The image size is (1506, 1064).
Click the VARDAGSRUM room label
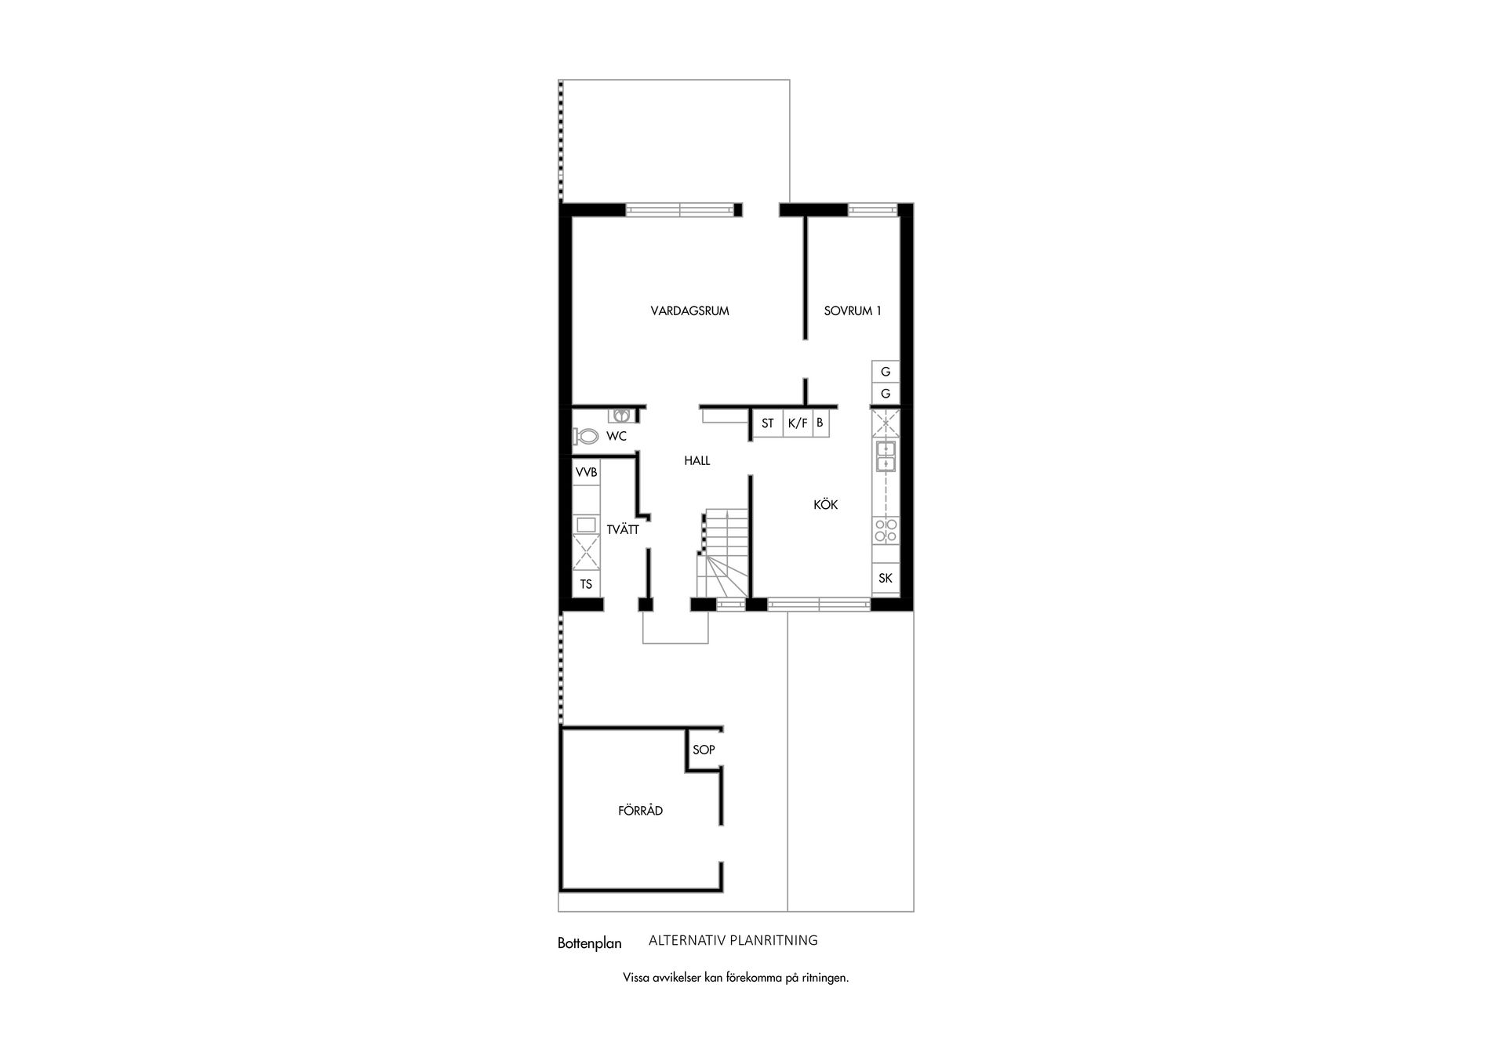[x=689, y=311]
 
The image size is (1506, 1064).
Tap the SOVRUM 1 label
[x=853, y=311]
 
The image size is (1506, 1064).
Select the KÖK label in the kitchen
[x=825, y=505]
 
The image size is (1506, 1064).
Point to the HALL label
[x=697, y=461]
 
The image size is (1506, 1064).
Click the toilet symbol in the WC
[x=585, y=436]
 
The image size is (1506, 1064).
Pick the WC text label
[x=617, y=437]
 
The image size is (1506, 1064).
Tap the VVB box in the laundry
[x=587, y=473]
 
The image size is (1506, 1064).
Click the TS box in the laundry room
[x=586, y=584]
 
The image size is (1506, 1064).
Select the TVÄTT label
[x=623, y=529]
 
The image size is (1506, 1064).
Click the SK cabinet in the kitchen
[x=886, y=579]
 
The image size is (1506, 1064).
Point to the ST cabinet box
[x=767, y=423]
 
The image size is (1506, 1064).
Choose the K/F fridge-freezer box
[x=798, y=423]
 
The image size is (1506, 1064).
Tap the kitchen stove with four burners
[x=886, y=531]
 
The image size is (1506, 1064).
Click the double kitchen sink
[x=886, y=456]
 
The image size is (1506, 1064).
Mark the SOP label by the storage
[x=704, y=750]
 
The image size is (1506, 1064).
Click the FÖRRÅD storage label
[x=640, y=811]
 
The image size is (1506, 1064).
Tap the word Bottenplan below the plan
[x=589, y=943]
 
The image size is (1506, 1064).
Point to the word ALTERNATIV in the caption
[x=686, y=940]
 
